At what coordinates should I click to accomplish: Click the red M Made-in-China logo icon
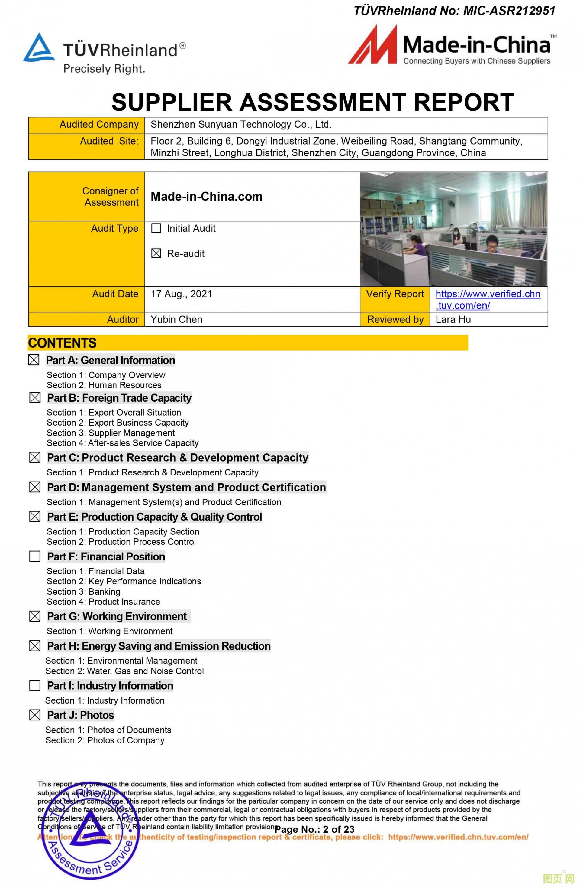pyautogui.click(x=372, y=46)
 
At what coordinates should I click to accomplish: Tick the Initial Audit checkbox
pyautogui.click(x=156, y=228)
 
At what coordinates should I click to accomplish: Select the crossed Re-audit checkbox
pyautogui.click(x=156, y=253)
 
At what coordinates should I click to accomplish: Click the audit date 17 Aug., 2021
pyautogui.click(x=181, y=294)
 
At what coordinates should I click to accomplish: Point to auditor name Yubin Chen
pyautogui.click(x=176, y=319)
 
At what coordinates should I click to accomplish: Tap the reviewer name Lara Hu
pyautogui.click(x=453, y=319)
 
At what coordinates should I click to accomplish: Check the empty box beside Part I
pyautogui.click(x=35, y=685)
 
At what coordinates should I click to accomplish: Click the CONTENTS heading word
pyautogui.click(x=62, y=343)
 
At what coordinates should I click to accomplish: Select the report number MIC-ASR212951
pyautogui.click(x=509, y=11)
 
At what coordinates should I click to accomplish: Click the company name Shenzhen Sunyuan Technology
pyautogui.click(x=241, y=125)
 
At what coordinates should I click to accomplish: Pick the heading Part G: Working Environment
pyautogui.click(x=117, y=616)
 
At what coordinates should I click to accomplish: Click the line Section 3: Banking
pyautogui.click(x=83, y=592)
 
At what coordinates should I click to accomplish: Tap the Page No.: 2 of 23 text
pyautogui.click(x=314, y=829)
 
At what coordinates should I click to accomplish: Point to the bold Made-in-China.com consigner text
pyautogui.click(x=207, y=197)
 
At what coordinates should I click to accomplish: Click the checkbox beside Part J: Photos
pyautogui.click(x=35, y=715)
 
